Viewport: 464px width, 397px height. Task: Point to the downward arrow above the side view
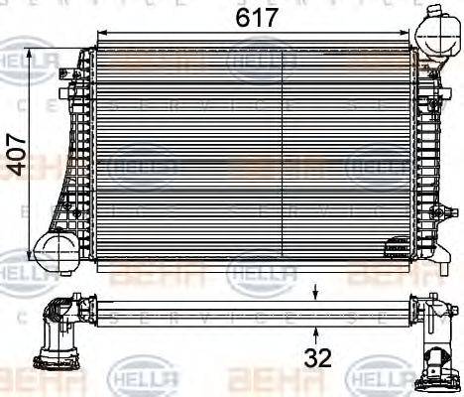click(316, 289)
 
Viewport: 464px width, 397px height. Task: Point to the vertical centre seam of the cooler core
click(285, 149)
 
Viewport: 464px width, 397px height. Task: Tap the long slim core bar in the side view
click(248, 310)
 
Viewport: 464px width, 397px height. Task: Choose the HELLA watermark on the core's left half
click(140, 166)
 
